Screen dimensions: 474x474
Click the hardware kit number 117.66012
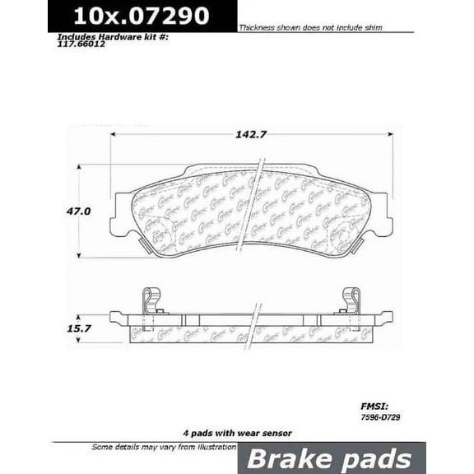pos(81,46)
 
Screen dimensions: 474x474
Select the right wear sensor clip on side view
pos(349,303)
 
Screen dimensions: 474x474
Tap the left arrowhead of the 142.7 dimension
pos(114,133)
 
